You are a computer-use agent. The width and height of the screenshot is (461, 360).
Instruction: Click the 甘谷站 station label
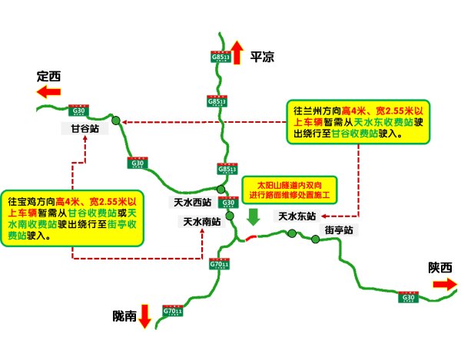pyautogui.click(x=85, y=129)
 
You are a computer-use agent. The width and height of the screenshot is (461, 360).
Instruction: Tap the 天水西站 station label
pyautogui.click(x=192, y=203)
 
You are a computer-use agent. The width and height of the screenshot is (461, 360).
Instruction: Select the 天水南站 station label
pyautogui.click(x=201, y=222)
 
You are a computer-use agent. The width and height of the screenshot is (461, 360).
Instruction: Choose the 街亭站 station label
pyautogui.click(x=338, y=230)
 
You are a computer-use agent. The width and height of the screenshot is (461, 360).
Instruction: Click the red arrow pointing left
pyautogui.click(x=48, y=92)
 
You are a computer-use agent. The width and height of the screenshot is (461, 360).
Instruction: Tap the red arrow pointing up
pyautogui.click(x=237, y=52)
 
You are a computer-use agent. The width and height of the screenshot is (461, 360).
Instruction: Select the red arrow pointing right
pyautogui.click(x=445, y=284)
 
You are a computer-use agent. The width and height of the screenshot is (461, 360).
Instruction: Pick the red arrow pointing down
pyautogui.click(x=144, y=315)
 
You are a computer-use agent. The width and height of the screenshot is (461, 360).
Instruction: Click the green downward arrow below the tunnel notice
pyautogui.click(x=253, y=216)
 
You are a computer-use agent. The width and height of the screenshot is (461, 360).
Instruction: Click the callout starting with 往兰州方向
pyautogui.click(x=358, y=121)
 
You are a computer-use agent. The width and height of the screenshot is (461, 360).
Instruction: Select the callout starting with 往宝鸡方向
pyautogui.click(x=72, y=218)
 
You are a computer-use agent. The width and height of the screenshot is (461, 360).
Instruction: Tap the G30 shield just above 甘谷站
pyautogui.click(x=78, y=111)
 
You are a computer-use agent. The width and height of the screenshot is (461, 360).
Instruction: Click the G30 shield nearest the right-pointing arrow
pyautogui.click(x=409, y=297)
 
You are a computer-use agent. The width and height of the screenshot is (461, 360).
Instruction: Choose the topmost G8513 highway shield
pyautogui.click(x=221, y=56)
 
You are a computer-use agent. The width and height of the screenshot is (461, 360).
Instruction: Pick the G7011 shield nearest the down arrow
pyautogui.click(x=173, y=311)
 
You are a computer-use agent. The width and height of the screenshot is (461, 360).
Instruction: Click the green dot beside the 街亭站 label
pyautogui.click(x=315, y=239)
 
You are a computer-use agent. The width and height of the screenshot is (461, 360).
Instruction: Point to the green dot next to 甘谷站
pyautogui.click(x=116, y=121)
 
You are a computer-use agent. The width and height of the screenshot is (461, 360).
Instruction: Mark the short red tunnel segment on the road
pyautogui.click(x=250, y=237)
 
